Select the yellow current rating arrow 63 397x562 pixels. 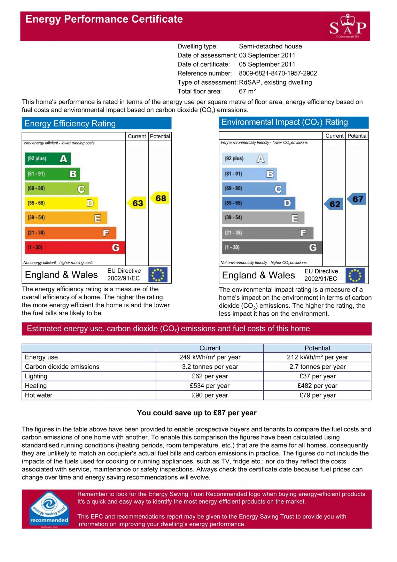tap(137, 203)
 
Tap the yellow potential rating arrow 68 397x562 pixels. tap(160, 198)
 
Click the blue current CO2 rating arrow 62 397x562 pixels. tap(334, 204)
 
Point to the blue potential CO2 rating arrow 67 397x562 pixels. tap(357, 199)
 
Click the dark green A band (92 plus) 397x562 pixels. tap(48, 159)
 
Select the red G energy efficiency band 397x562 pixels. tap(75, 247)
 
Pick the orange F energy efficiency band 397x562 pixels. tap(70, 233)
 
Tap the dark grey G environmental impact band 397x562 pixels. tap(272, 247)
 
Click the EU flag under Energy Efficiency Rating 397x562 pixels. tap(158, 275)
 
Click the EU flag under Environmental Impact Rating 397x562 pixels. tap(355, 275)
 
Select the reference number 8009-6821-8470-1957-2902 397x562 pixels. tap(278, 74)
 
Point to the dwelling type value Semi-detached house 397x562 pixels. tap(270, 46)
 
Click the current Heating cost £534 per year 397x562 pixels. tap(210, 386)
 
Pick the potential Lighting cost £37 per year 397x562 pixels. tap(317, 376)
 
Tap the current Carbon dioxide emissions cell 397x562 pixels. tap(210, 367)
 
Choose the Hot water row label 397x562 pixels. tap(39, 395)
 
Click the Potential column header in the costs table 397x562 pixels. tap(317, 348)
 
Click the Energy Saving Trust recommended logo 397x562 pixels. tap(49, 509)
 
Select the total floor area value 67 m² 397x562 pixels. tap(247, 92)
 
